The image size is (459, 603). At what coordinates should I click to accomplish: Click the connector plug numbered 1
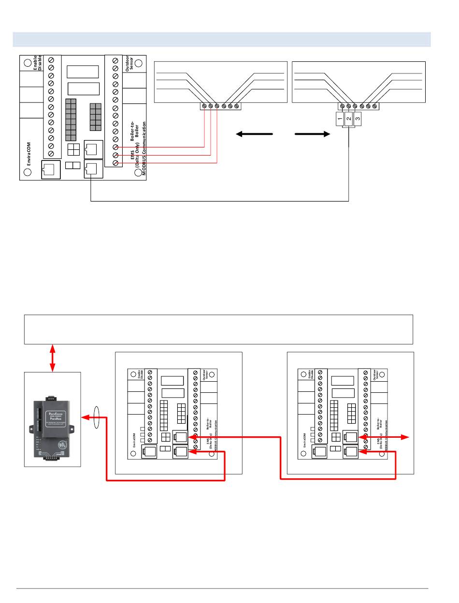[x=340, y=118]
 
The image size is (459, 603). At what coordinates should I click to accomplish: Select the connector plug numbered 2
[x=348, y=119]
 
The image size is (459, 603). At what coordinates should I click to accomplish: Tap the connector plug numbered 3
[x=357, y=118]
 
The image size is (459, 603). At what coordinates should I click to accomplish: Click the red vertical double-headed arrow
[x=52, y=358]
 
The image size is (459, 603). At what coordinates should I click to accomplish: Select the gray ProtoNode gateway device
[x=53, y=426]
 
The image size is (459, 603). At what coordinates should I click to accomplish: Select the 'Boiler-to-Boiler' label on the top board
[x=135, y=136]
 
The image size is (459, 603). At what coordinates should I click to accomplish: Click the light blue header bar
[x=222, y=39]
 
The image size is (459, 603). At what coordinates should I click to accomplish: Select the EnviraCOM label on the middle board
[x=134, y=440]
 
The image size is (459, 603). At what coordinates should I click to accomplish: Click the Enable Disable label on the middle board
[x=141, y=374]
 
